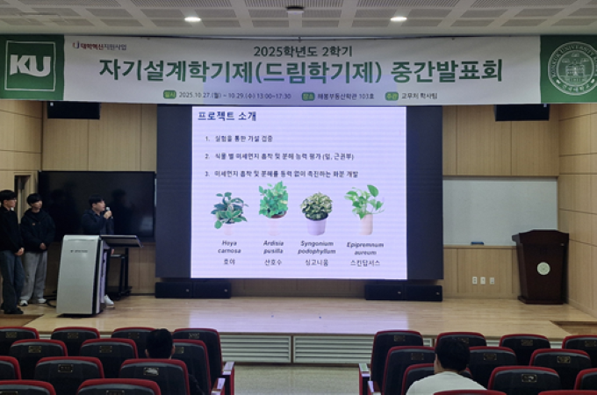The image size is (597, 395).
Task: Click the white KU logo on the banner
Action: pyautogui.click(x=30, y=66)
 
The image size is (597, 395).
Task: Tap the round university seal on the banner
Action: pyautogui.click(x=571, y=68)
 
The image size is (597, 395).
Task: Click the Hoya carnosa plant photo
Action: pyautogui.click(x=229, y=210)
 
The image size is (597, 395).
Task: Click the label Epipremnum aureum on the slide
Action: pyautogui.click(x=363, y=248)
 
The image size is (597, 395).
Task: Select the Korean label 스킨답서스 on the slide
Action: pyautogui.click(x=363, y=262)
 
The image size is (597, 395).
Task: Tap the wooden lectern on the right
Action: pyautogui.click(x=540, y=266)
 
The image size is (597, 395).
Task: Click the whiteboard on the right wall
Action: pyautogui.click(x=500, y=212)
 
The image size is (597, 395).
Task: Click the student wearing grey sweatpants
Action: pyautogui.click(x=36, y=250)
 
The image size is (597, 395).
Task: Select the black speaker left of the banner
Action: pyautogui.click(x=73, y=110)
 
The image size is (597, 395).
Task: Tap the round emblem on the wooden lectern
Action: pyautogui.click(x=543, y=268)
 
